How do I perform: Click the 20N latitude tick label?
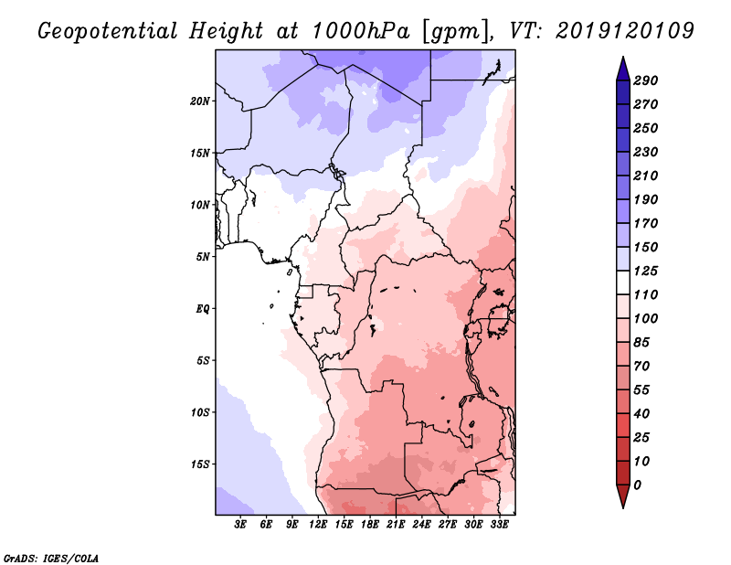(x=200, y=101)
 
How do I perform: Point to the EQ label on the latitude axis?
(x=203, y=309)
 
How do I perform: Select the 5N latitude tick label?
(x=203, y=257)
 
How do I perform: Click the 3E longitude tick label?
(x=240, y=524)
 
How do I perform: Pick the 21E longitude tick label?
(x=396, y=524)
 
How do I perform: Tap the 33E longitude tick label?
(x=499, y=524)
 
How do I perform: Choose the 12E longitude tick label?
(x=317, y=524)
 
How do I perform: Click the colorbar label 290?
(x=646, y=80)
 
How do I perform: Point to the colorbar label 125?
(x=646, y=271)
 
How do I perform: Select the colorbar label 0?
(x=638, y=485)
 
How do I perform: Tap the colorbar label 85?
(x=642, y=343)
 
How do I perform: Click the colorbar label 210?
(x=646, y=176)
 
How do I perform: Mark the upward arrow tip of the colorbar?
(x=623, y=57)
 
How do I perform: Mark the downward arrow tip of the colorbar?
(x=623, y=507)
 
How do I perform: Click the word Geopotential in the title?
(x=108, y=32)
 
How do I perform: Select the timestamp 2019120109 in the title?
(x=625, y=31)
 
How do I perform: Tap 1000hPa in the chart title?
(x=361, y=31)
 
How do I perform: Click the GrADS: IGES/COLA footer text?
(x=51, y=558)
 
